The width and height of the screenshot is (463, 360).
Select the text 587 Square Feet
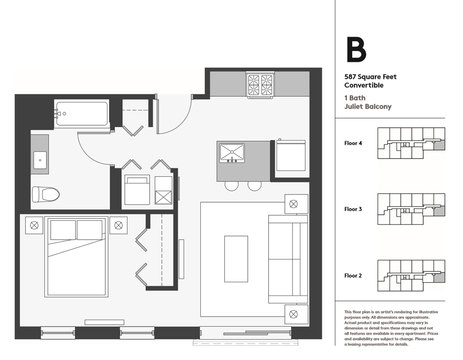tap(370, 77)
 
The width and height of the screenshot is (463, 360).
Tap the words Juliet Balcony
tap(368, 107)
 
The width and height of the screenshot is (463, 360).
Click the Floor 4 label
tap(353, 143)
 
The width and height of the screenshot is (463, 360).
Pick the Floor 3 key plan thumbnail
tap(411, 209)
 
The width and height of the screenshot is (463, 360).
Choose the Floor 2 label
tap(353, 275)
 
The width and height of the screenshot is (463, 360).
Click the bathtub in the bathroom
tap(82, 113)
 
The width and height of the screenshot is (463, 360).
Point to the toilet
tap(46, 194)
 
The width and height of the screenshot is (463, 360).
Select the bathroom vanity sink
tap(40, 160)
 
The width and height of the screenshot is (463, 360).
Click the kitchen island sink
tap(232, 152)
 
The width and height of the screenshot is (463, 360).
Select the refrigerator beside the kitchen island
tap(291, 156)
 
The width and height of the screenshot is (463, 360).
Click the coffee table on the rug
tap(236, 259)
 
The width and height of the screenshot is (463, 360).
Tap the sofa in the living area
tap(288, 259)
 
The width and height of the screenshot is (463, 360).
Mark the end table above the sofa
tap(296, 204)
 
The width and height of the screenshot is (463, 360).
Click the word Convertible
tap(364, 85)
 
